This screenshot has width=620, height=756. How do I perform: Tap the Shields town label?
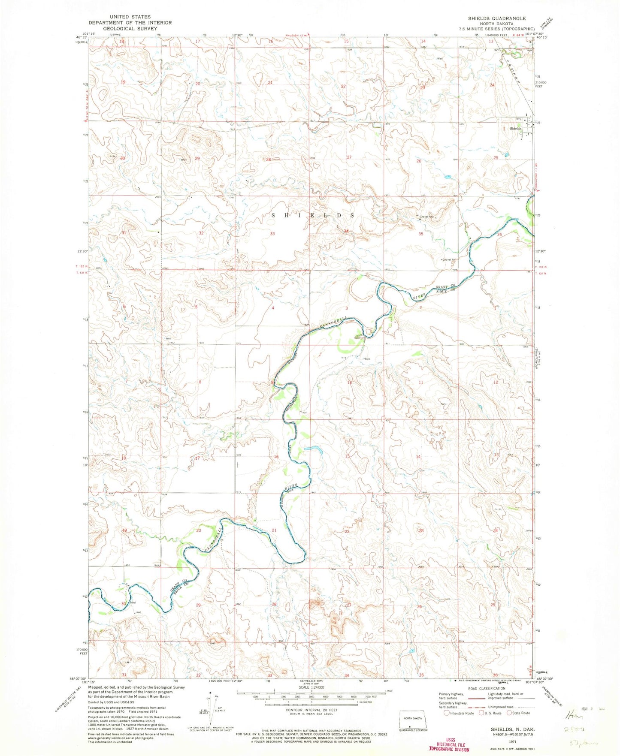tap(515, 129)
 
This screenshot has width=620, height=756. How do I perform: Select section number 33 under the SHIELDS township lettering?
tap(272, 234)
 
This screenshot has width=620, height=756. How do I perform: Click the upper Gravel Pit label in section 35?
tap(426, 217)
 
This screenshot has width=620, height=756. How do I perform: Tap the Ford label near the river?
tap(133, 602)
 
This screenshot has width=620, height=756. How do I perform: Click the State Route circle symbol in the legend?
tap(509, 713)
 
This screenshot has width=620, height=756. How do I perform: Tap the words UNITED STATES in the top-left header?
tap(130, 17)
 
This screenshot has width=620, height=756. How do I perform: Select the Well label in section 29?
tap(184, 160)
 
